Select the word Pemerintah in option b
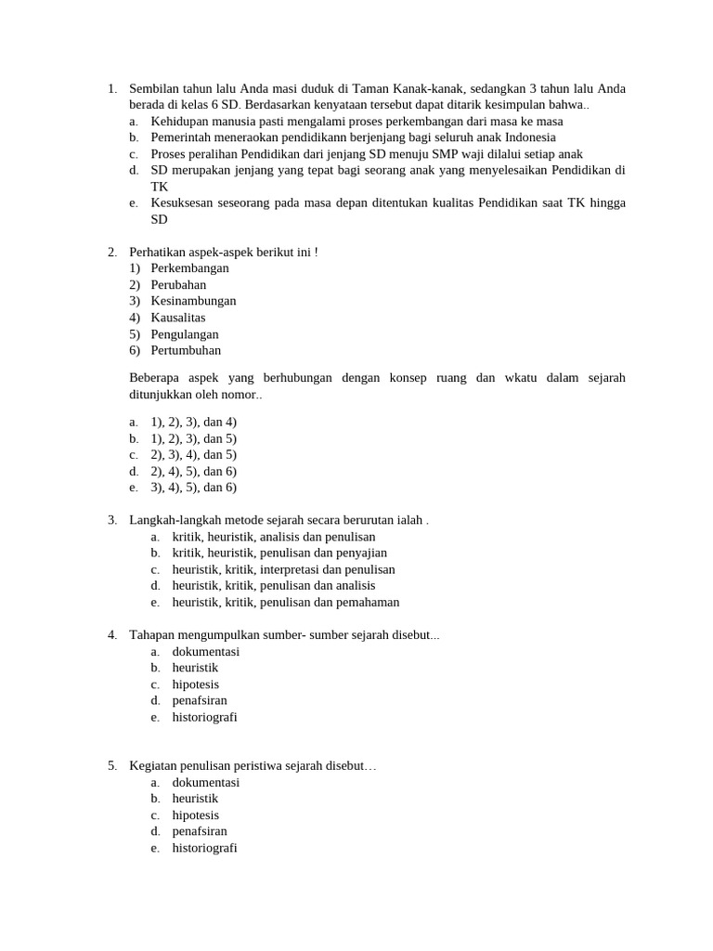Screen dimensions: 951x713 183,137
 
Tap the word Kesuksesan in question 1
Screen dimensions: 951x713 184,203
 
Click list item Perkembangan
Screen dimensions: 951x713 189,268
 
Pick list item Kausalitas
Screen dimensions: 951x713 178,318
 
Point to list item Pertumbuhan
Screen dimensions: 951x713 186,351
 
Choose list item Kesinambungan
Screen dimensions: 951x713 193,301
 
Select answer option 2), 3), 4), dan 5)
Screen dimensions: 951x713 193,455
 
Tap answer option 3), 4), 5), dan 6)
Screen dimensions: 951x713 193,488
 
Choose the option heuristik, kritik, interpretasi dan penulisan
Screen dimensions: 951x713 283,569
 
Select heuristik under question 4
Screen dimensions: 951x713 195,668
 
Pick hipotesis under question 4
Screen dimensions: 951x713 195,684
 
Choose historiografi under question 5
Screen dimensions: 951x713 204,848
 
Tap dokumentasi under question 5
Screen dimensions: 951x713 205,783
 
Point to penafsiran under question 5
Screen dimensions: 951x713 200,831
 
